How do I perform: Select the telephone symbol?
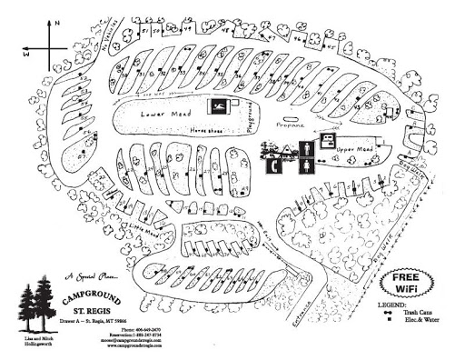(x=273, y=165)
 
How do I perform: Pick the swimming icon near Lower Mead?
(x=219, y=107)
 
